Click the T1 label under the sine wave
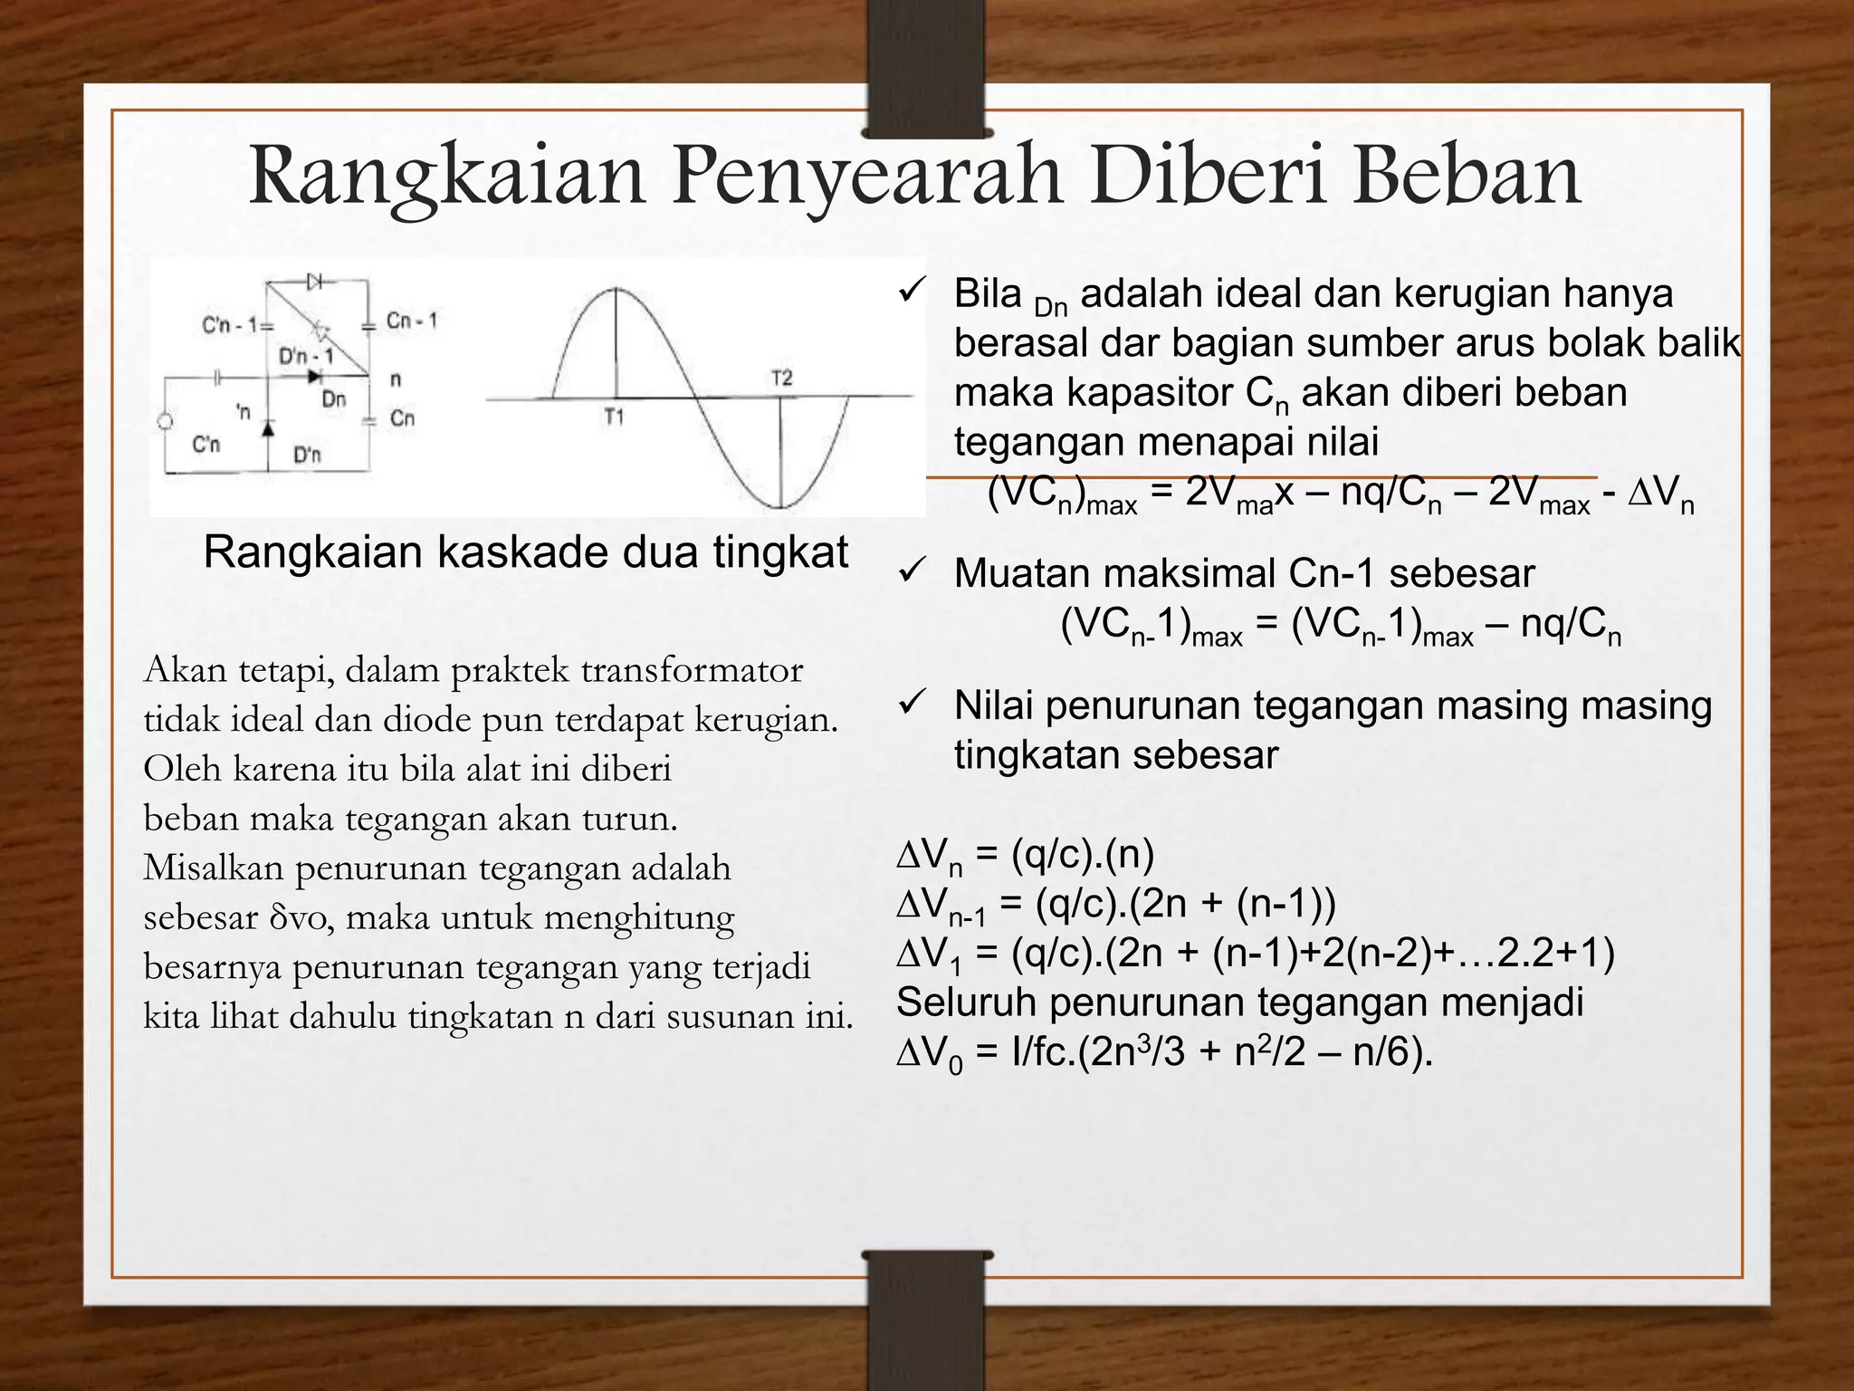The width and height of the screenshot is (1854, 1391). pos(614,418)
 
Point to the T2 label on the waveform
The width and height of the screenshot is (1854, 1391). pos(781,377)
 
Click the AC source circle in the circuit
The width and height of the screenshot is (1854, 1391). pos(165,422)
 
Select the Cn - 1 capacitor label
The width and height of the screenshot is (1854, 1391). pos(412,321)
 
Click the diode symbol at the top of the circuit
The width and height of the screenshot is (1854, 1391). pos(316,282)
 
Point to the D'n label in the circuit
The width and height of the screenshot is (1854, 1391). pos(308,455)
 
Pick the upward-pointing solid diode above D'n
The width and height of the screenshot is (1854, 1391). pos(267,427)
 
